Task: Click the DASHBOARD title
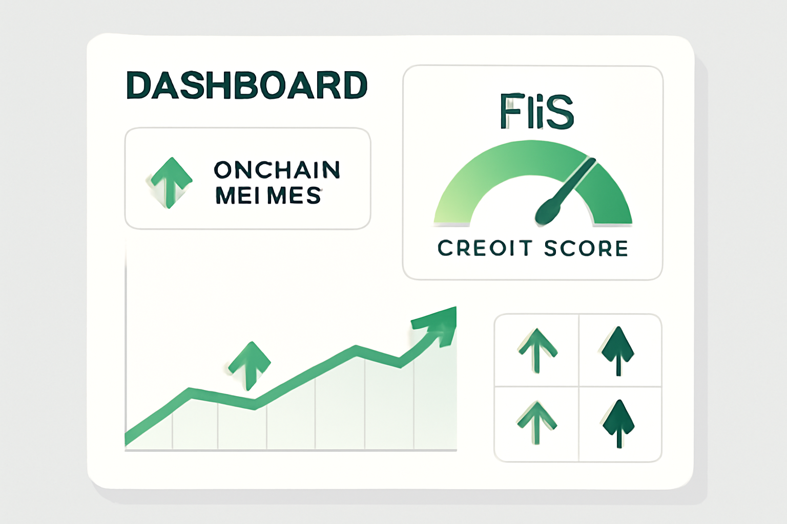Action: [246, 85]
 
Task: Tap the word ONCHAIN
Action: [277, 170]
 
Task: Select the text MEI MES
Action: [268, 195]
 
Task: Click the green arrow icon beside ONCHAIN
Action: [171, 183]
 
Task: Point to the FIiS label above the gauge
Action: [536, 111]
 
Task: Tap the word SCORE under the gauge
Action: [586, 248]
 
